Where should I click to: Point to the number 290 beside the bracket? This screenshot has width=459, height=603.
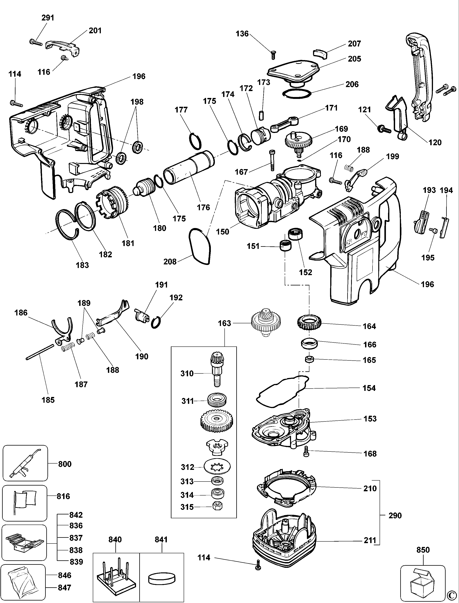click(395, 516)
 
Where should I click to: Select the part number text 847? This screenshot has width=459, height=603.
click(64, 588)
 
